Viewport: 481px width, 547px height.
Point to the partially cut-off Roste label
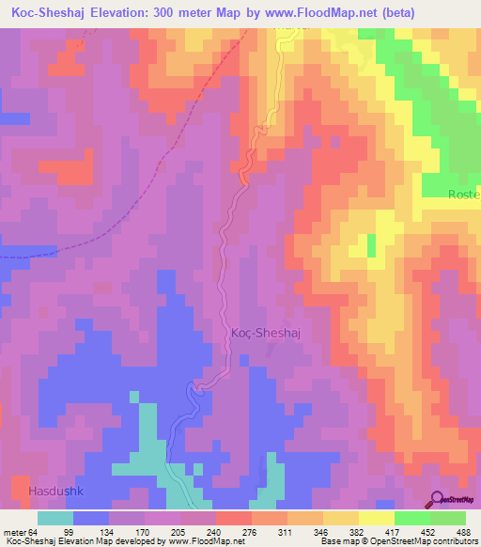pos(463,195)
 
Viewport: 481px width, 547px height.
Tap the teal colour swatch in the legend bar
pos(55,518)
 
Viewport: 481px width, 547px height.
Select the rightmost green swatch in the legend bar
pos(448,518)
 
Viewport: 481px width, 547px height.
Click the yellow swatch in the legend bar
pos(377,518)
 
